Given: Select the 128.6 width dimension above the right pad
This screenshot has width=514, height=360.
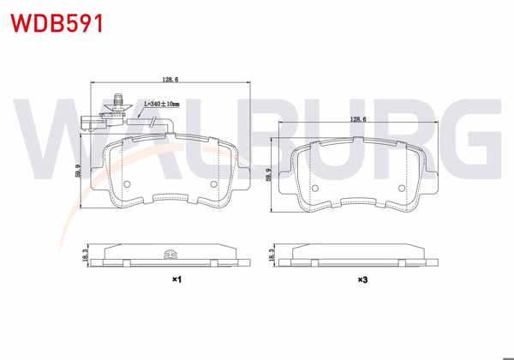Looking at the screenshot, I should [x=357, y=121].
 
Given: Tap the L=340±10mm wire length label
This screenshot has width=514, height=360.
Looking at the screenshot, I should [x=162, y=104].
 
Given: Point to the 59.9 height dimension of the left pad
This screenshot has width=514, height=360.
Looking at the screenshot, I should [x=78, y=171].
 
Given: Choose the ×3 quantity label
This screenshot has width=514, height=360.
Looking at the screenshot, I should [x=362, y=279].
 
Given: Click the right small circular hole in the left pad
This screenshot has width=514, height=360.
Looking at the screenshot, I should [x=212, y=184].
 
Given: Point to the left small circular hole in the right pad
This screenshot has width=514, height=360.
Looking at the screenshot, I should [x=314, y=187].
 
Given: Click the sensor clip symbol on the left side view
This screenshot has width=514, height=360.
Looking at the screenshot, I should [x=169, y=253].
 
